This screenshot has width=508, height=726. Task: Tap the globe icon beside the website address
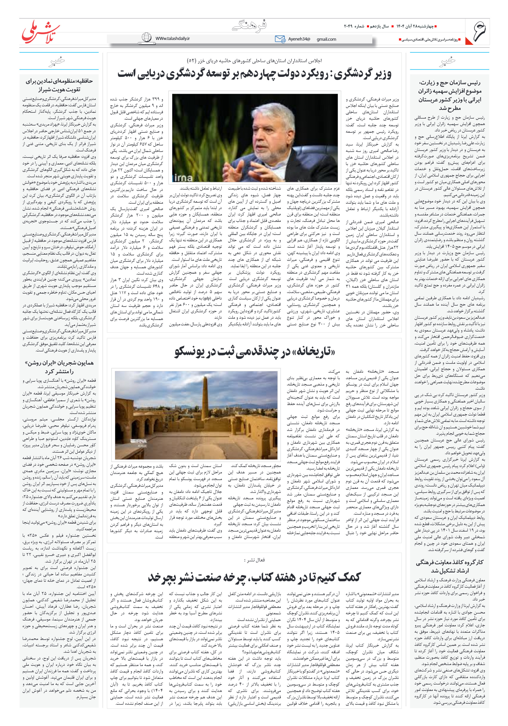point(146,38)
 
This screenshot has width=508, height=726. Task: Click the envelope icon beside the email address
point(280,39)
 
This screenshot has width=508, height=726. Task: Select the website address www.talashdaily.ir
point(172,38)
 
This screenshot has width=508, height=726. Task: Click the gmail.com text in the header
point(326,39)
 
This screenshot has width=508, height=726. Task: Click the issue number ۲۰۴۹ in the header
point(349,26)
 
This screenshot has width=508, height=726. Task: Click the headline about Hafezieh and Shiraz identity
point(59,85)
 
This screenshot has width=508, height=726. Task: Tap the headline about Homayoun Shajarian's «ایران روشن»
point(59,367)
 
